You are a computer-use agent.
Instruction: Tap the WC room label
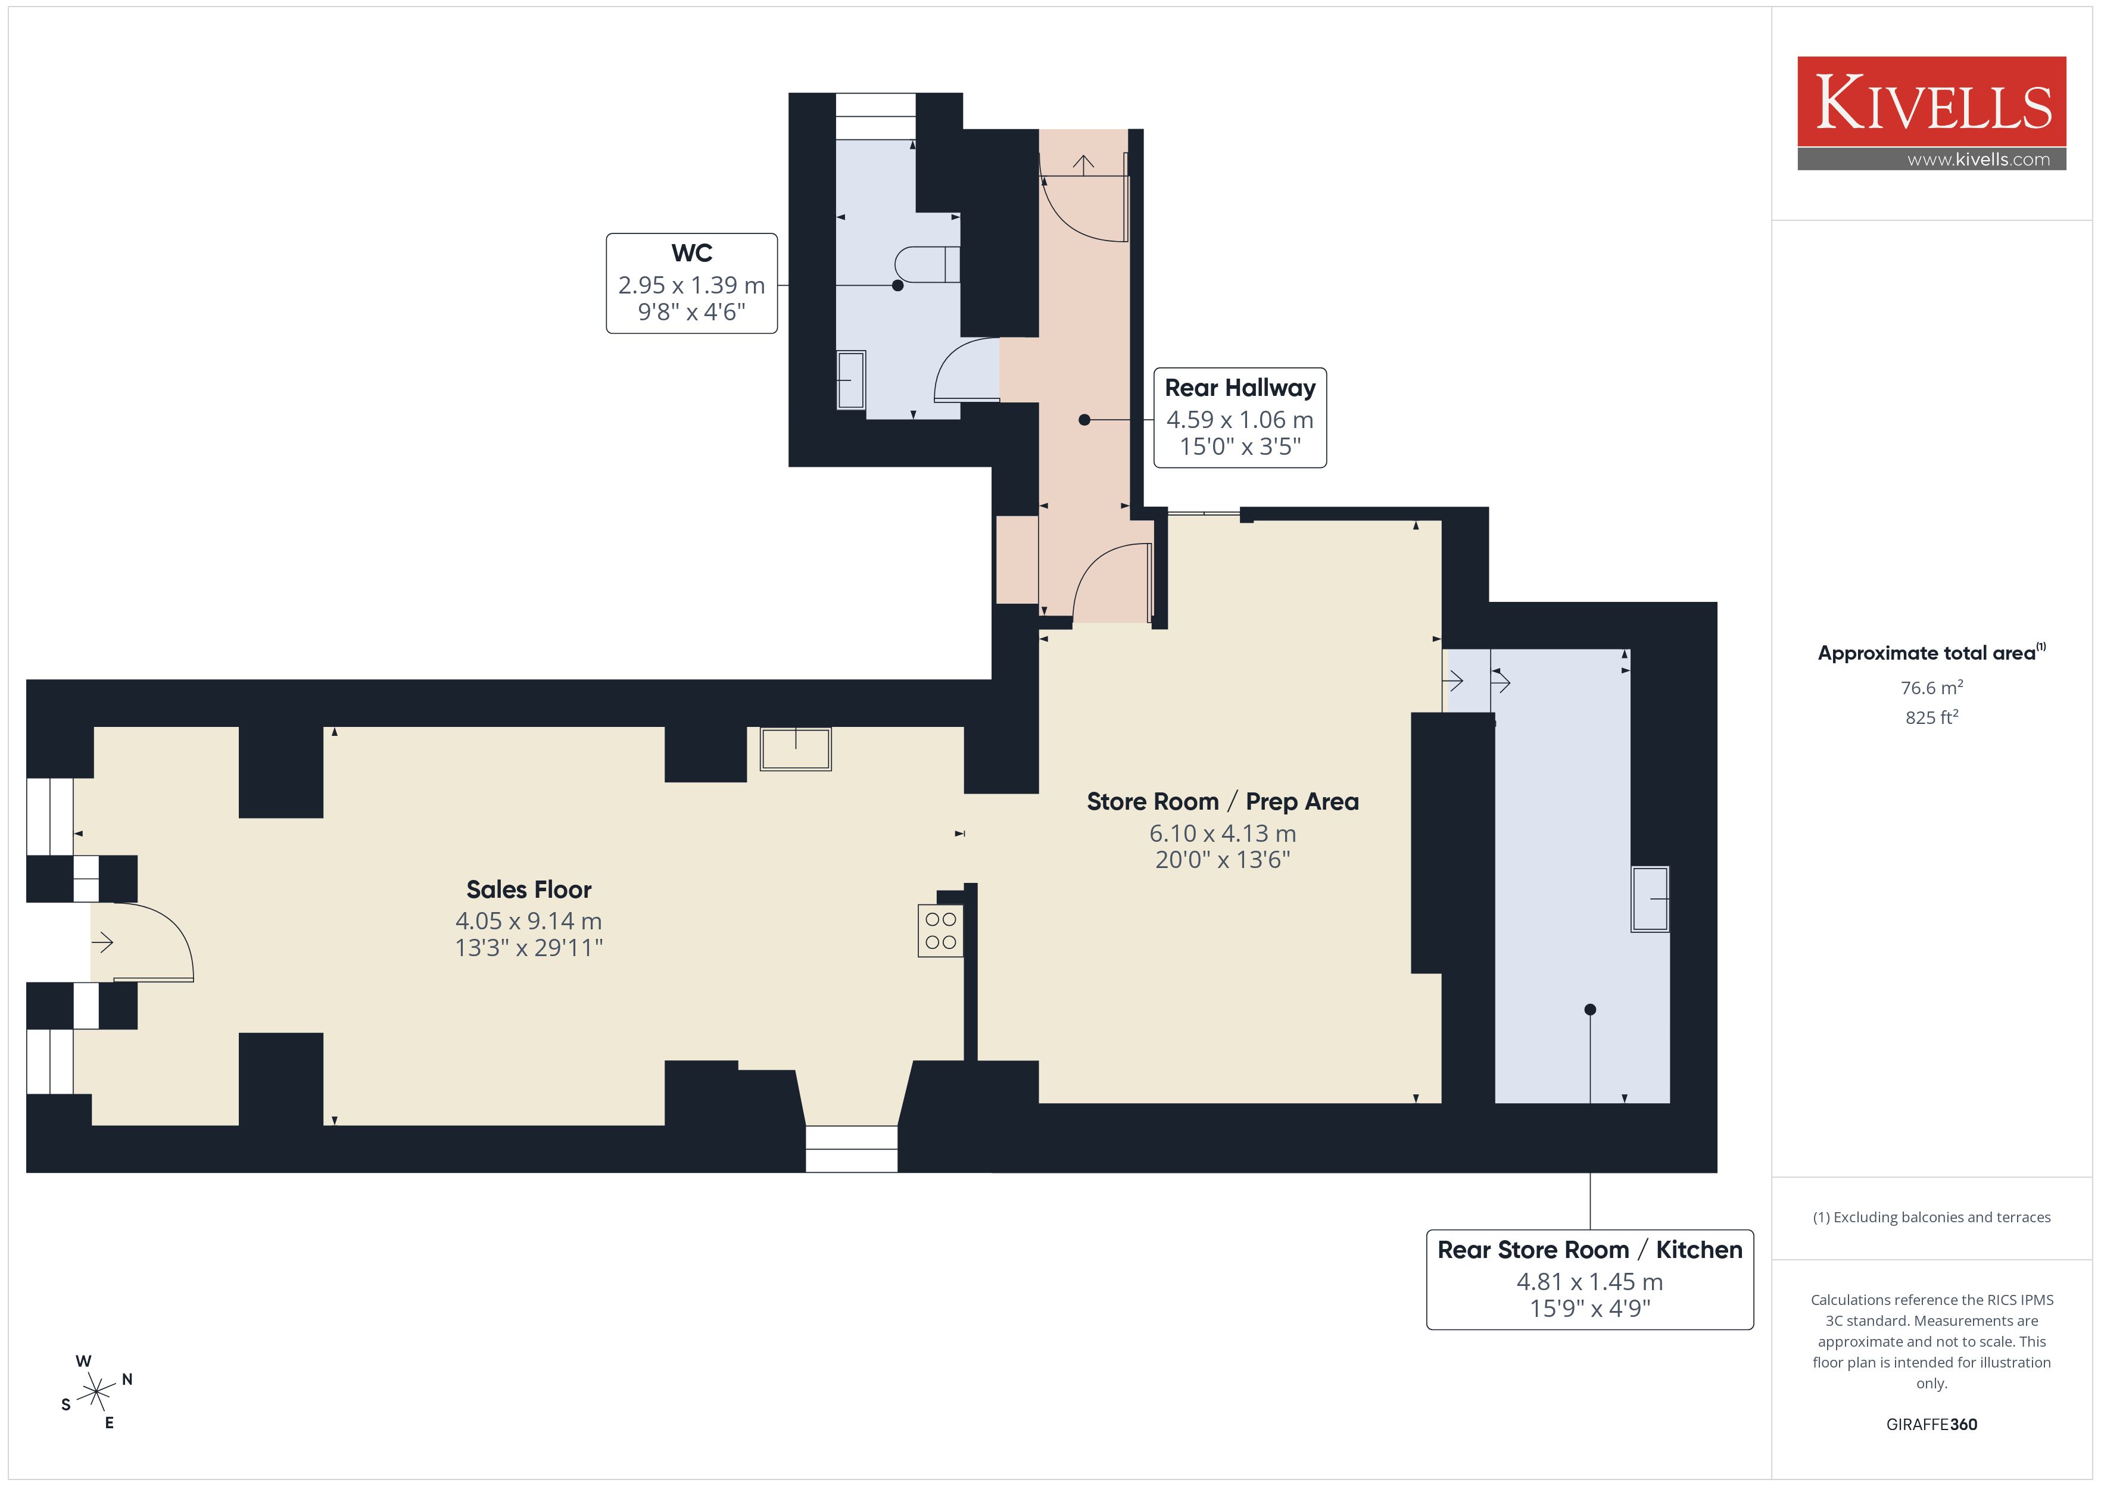(692, 252)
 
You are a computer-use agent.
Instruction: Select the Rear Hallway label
(1240, 388)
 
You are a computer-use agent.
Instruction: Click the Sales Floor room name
(529, 889)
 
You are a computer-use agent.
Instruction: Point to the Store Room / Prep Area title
(1223, 801)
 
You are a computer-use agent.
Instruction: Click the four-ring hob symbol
(941, 931)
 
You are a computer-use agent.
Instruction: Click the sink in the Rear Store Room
(1650, 900)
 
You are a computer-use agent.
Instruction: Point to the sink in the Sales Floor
(795, 748)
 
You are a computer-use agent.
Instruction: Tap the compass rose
(96, 1393)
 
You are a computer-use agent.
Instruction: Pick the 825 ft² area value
(1932, 717)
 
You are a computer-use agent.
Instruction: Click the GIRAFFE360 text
(1932, 1425)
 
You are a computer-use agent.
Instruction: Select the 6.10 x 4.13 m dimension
(1223, 833)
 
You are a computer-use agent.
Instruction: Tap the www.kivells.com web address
(1978, 159)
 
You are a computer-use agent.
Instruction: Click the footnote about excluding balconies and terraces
(1932, 1217)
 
